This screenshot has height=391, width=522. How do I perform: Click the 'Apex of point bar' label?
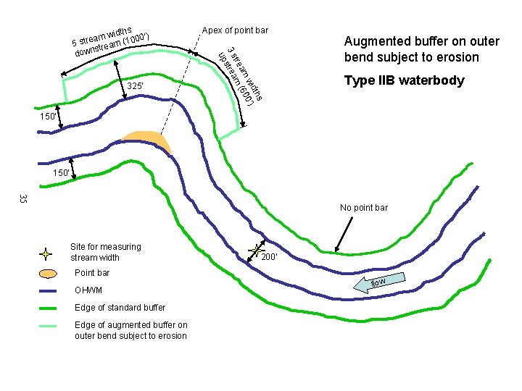click(x=235, y=30)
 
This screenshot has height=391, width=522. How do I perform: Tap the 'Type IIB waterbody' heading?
click(x=405, y=80)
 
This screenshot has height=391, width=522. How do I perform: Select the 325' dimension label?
click(x=135, y=87)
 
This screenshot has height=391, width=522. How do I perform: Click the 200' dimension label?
click(x=270, y=257)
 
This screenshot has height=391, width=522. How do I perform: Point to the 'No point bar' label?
click(x=364, y=208)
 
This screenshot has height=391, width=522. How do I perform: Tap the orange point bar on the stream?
click(x=147, y=142)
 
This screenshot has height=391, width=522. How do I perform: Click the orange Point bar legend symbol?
click(x=47, y=274)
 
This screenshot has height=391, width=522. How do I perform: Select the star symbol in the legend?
click(x=46, y=254)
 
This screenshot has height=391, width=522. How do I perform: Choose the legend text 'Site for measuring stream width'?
click(x=106, y=252)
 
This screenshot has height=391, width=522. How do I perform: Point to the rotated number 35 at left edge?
click(x=23, y=199)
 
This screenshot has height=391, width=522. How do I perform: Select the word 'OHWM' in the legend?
click(x=88, y=291)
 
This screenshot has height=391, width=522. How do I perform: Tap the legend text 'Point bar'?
click(x=92, y=273)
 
